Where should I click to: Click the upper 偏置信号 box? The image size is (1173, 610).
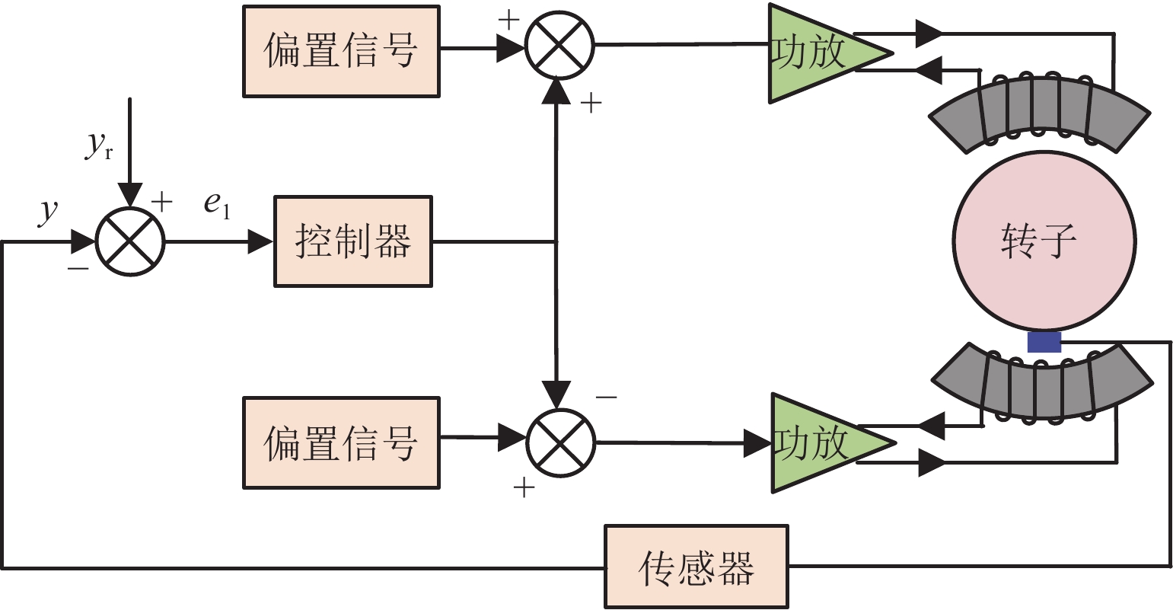340,52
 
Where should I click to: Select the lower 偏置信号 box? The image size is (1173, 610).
340,442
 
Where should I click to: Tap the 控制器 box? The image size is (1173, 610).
352,241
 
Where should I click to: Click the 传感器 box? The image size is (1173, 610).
696,567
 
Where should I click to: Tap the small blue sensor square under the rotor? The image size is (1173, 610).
1044,341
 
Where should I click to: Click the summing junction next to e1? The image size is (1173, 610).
130,242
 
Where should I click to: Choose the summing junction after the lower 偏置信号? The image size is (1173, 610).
561,442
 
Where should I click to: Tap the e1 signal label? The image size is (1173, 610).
216,206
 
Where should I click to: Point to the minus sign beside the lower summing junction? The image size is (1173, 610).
607,398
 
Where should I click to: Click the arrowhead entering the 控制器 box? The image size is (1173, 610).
261,242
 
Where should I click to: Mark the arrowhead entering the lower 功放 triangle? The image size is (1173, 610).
757,442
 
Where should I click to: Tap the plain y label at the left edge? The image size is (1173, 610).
48,211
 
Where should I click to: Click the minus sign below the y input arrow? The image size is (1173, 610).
78,268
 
